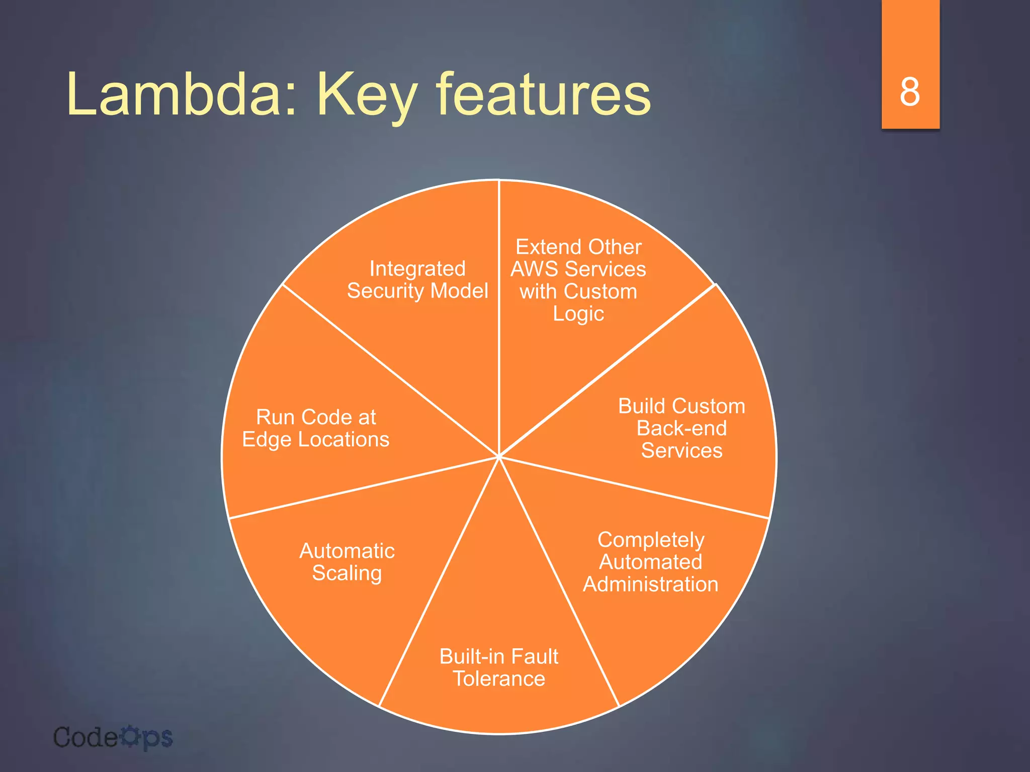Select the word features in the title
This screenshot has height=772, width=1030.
tap(544, 93)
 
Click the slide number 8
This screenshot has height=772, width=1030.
tap(910, 92)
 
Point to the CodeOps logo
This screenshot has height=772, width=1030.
tap(113, 738)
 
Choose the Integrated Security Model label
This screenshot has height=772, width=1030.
tap(417, 280)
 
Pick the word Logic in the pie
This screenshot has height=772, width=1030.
tap(578, 314)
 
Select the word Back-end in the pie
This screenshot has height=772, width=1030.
tap(681, 428)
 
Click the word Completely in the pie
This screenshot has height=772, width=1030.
tap(651, 540)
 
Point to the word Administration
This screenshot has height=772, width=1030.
tap(651, 584)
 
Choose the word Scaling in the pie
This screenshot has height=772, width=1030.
tap(347, 573)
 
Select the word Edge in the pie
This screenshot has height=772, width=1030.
tap(267, 440)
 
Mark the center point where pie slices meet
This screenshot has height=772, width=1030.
tap(499, 456)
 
